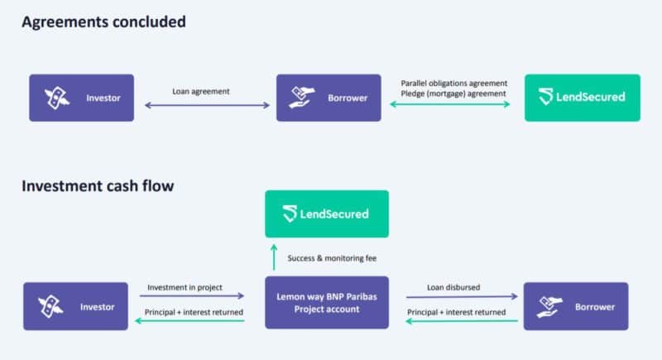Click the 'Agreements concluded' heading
103,22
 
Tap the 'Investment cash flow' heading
98,185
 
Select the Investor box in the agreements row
81,98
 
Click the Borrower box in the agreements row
329,98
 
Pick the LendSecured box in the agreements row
583,98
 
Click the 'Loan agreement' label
201,91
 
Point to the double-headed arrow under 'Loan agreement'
207,105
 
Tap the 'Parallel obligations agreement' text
453,83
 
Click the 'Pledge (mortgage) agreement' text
453,94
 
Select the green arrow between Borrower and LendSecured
449,104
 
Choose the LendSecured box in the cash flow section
327,214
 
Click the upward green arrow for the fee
274,257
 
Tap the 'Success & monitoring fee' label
332,258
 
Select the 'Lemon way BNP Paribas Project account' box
327,303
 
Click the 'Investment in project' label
185,287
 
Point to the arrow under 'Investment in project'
192,295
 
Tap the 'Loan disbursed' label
453,287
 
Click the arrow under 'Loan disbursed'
462,297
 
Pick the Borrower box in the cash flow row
576,306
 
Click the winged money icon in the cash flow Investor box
50,306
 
